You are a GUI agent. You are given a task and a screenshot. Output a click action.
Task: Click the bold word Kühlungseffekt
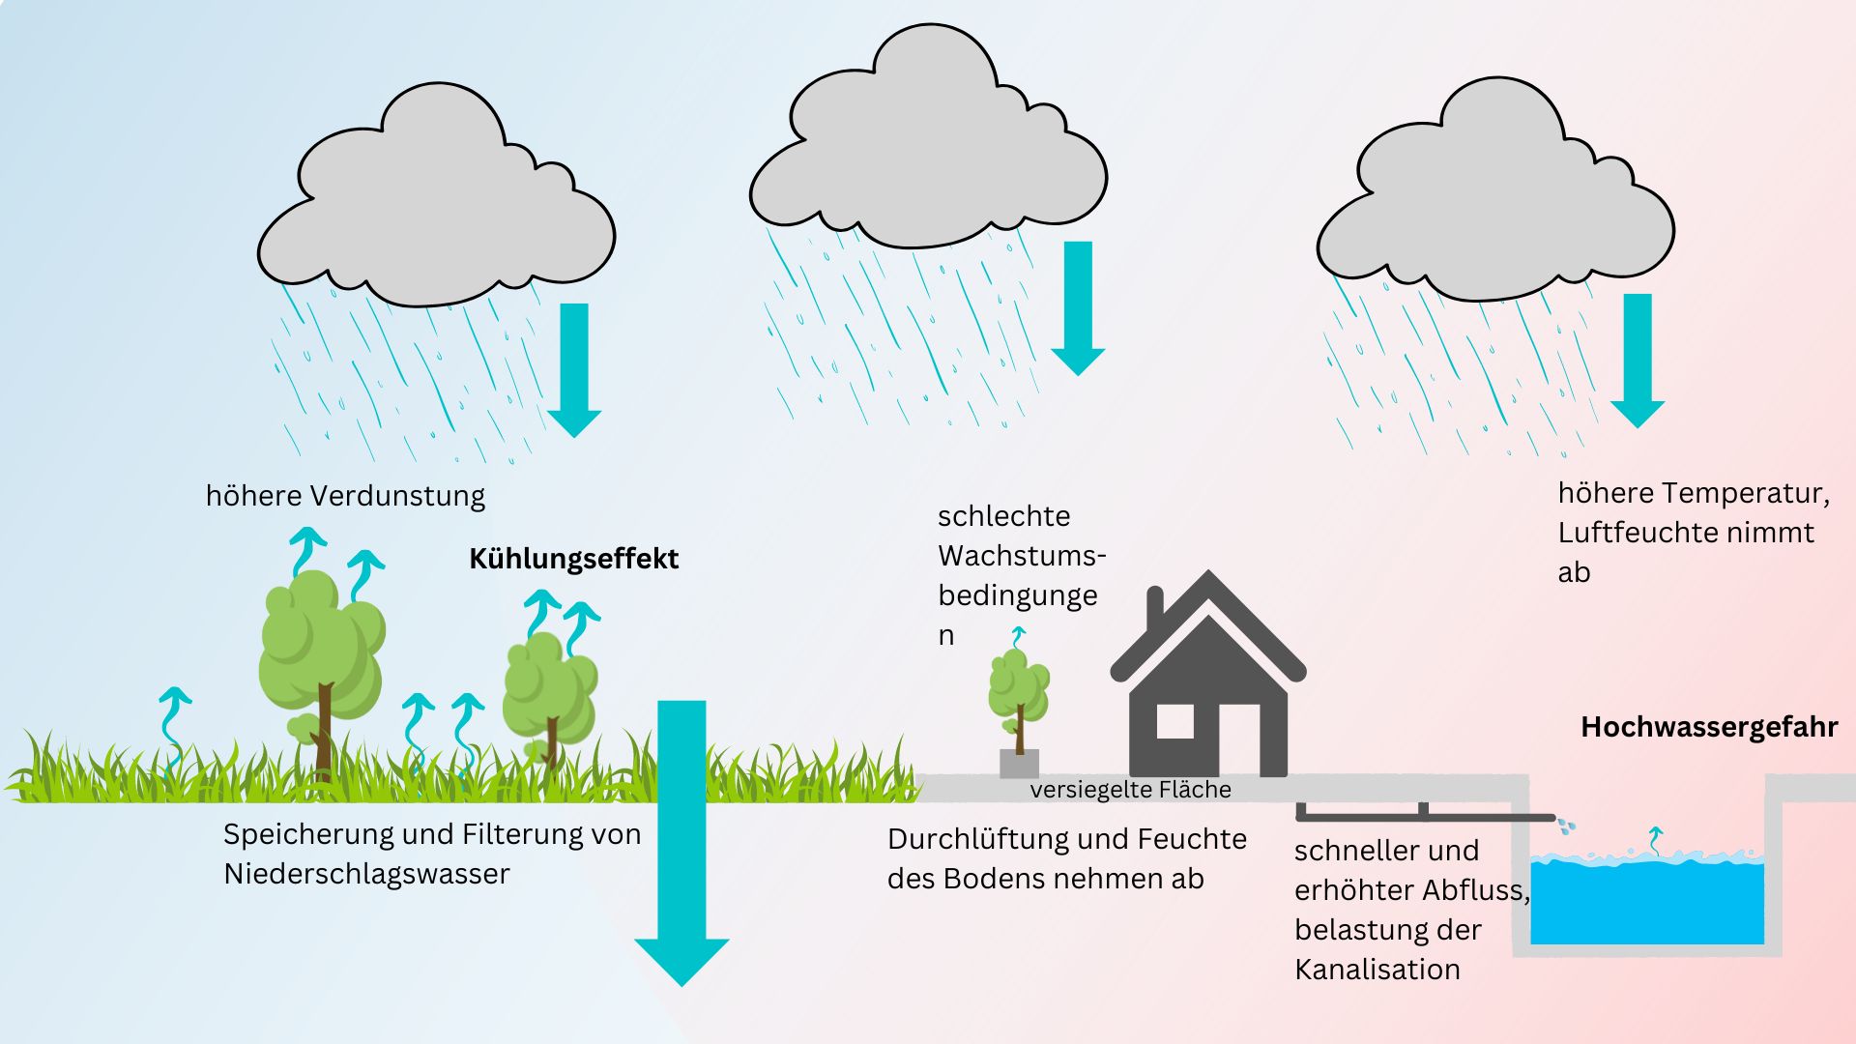point(573,559)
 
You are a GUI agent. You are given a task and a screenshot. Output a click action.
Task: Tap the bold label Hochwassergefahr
point(1708,727)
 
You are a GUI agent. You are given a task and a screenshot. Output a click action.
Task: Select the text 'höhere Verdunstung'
point(345,496)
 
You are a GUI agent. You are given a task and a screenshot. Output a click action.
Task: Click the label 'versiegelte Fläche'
point(1130,790)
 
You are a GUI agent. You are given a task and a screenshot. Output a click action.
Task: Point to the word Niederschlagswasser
point(366,874)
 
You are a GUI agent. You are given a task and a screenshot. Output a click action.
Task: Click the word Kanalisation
point(1377,970)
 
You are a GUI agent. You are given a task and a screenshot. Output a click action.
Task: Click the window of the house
point(1174,721)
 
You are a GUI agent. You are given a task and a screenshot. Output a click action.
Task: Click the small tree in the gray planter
point(1019,691)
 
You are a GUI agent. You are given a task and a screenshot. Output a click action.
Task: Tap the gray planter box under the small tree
point(1019,763)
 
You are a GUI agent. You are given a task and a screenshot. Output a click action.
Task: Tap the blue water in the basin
point(1646,904)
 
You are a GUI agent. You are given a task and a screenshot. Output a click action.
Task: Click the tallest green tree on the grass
point(321,648)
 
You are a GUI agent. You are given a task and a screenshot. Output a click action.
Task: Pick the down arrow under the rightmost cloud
point(1638,358)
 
